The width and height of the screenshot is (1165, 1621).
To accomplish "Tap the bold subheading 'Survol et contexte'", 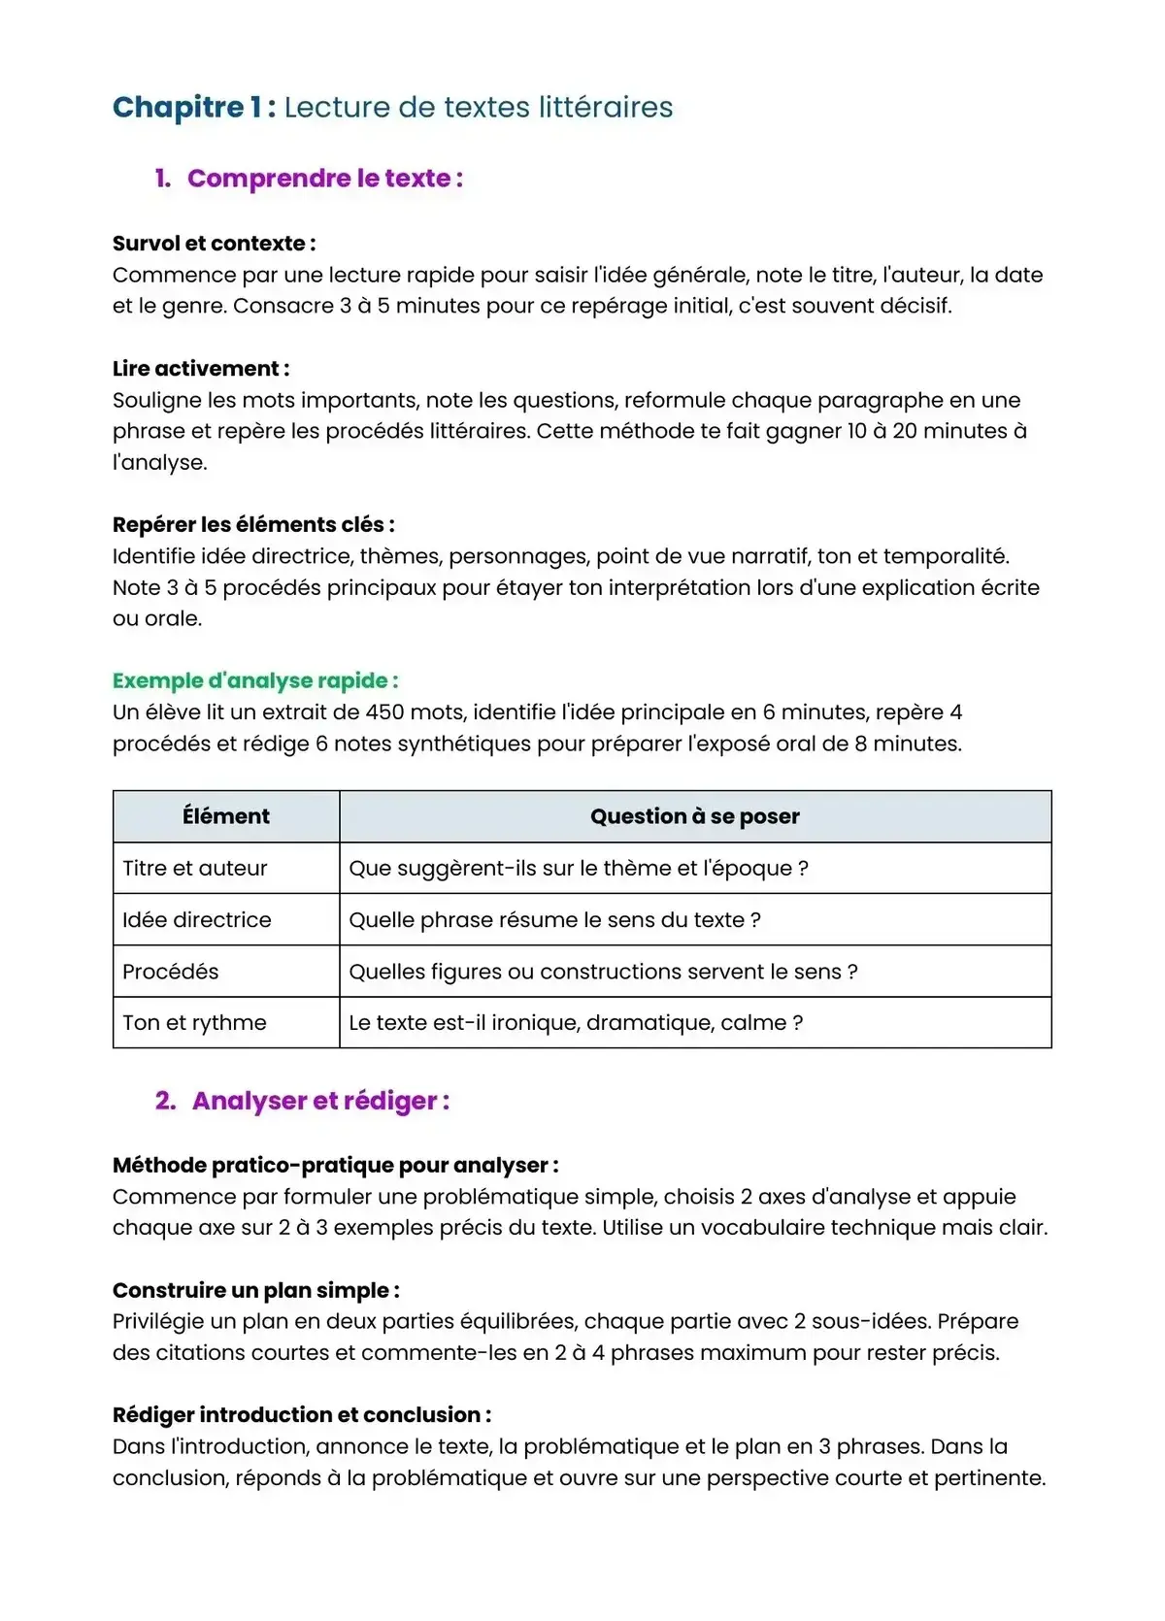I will tap(214, 244).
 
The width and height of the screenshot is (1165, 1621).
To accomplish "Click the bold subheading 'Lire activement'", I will tap(200, 369).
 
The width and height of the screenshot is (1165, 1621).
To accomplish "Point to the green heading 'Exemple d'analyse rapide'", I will tap(254, 680).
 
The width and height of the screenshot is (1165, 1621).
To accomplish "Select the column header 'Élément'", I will tap(226, 816).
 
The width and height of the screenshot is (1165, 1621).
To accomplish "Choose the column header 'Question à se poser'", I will tap(695, 816).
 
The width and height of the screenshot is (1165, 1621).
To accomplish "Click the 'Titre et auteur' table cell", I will tap(195, 868).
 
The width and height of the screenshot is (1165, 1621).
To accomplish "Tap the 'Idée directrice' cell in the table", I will tap(197, 919).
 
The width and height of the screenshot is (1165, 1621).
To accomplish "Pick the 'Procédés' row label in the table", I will tap(171, 972).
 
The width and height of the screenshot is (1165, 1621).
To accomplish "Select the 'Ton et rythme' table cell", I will tap(194, 1023).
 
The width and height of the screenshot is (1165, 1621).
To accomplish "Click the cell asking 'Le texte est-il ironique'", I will tap(576, 1023).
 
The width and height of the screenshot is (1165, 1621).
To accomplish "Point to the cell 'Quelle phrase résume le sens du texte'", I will tap(554, 919).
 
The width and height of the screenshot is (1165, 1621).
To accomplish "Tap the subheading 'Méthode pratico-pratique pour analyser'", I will tap(335, 1165).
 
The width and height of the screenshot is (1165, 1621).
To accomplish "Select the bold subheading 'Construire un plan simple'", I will tap(255, 1290).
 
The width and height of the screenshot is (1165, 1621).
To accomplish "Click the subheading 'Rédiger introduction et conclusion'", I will tap(301, 1414).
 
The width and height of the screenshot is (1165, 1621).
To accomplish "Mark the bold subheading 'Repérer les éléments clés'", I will tap(252, 525).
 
